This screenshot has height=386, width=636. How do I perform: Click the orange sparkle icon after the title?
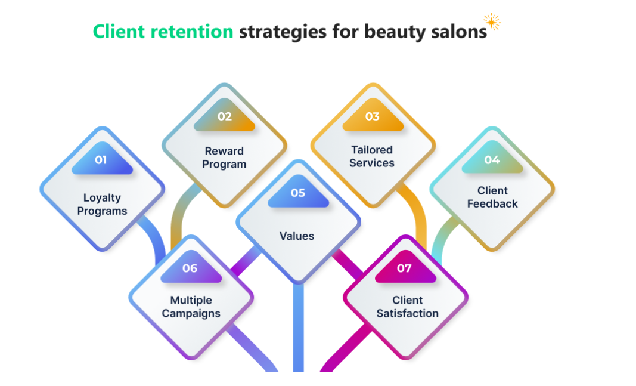(x=492, y=22)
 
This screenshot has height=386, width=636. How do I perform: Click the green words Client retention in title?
(x=163, y=31)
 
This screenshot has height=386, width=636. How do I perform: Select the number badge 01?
(x=101, y=160)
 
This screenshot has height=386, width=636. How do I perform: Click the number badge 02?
(x=224, y=116)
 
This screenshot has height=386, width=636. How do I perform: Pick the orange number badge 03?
(x=373, y=116)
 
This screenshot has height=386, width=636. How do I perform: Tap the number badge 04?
(x=492, y=160)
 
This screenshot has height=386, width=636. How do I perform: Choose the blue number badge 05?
(x=298, y=193)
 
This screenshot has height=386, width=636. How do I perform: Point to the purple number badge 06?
(x=190, y=268)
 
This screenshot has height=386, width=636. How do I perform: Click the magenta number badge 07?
(x=405, y=268)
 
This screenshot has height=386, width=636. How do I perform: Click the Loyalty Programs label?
(x=102, y=204)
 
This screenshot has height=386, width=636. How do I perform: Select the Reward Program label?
(x=224, y=158)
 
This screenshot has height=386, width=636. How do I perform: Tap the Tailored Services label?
(x=372, y=156)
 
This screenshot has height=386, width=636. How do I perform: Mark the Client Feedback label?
(x=492, y=197)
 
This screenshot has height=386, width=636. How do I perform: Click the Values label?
(x=297, y=236)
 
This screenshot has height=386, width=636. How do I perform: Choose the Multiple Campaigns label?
(x=191, y=307)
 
